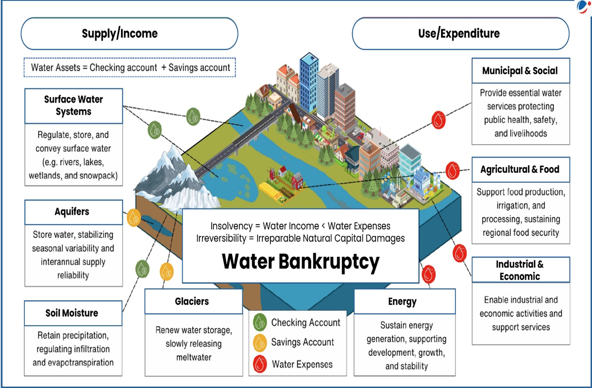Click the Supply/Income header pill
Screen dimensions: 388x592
(129, 34)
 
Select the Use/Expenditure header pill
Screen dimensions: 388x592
(461, 34)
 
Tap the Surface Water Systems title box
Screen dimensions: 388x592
(74, 106)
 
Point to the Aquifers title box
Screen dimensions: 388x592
(73, 212)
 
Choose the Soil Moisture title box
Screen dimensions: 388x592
(73, 313)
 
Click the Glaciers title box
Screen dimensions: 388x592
(193, 302)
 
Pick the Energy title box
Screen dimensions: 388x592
(404, 302)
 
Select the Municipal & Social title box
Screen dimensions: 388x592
(520, 71)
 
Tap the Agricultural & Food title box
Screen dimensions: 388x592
(520, 170)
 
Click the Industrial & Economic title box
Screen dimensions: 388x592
(520, 270)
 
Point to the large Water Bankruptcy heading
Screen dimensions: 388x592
(300, 262)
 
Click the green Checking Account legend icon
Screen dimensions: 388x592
(260, 322)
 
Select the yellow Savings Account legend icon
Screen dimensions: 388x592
(260, 343)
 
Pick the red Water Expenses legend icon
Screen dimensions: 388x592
(260, 364)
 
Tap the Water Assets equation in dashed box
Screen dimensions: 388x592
(130, 68)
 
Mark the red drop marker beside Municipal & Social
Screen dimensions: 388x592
(439, 120)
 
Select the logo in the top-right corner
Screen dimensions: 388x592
(582, 7)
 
